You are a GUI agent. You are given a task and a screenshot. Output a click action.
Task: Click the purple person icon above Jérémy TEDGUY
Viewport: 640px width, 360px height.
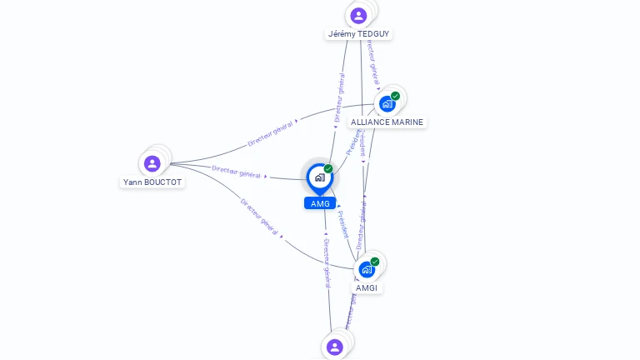(358, 16)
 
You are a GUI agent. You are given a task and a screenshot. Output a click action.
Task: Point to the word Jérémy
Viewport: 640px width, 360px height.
(342, 34)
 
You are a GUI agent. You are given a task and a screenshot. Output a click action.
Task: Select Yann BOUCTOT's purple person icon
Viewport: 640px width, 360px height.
(152, 163)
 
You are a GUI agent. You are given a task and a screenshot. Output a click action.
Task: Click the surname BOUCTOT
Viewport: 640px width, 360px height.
(163, 182)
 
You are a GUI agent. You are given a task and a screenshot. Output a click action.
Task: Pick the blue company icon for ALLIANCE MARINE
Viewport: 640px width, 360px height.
(386, 104)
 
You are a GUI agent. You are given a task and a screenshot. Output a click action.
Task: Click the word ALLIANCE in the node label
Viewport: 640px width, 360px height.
(369, 122)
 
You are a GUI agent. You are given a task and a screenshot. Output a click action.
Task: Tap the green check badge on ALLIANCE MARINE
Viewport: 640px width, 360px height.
(395, 96)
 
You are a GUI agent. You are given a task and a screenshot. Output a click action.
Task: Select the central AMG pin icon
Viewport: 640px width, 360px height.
(319, 177)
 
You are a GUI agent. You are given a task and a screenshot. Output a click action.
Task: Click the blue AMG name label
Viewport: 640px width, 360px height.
(320, 203)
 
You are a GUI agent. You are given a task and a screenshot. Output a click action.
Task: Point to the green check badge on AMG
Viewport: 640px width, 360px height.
(328, 168)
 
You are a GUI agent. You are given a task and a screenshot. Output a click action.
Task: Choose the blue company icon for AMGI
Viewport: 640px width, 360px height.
(367, 270)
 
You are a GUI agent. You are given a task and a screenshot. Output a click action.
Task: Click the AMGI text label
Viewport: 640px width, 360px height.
(367, 287)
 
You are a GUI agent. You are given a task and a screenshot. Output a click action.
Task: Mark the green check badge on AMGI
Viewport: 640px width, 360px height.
(375, 262)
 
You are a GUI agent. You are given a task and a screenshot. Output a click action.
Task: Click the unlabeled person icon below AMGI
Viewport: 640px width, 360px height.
(335, 347)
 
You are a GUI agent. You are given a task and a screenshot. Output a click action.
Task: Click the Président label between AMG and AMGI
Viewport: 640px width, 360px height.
(343, 224)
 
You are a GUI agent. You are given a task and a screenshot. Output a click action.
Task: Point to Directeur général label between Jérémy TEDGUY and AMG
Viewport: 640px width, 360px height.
(340, 97)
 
